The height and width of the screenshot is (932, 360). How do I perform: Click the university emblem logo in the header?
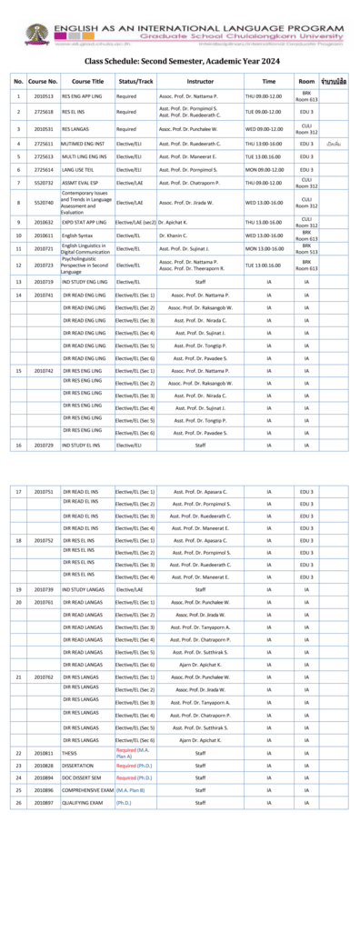36,35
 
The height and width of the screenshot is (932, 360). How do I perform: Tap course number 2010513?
44,95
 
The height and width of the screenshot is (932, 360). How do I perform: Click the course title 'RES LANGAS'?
75,129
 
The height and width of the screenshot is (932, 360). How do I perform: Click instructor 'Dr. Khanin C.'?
173,236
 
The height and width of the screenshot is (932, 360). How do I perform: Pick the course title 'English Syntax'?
77,236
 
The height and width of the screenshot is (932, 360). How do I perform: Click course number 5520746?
44,203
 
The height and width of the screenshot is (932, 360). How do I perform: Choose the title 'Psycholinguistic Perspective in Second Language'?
85,265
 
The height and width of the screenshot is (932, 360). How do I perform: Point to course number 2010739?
44,590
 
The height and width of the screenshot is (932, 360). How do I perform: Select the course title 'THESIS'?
70,753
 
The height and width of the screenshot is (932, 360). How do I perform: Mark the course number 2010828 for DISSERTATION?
44,766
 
